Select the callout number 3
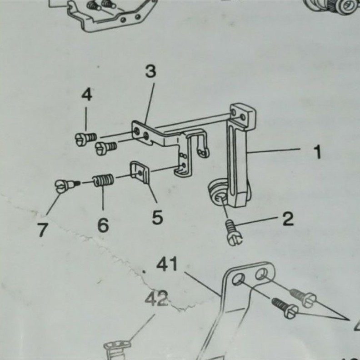[150, 71]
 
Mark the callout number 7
[42, 230]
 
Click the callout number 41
[167, 264]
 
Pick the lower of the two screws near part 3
[106, 146]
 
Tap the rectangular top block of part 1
[242, 114]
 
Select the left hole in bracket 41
[237, 279]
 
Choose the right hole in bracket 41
[260, 274]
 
